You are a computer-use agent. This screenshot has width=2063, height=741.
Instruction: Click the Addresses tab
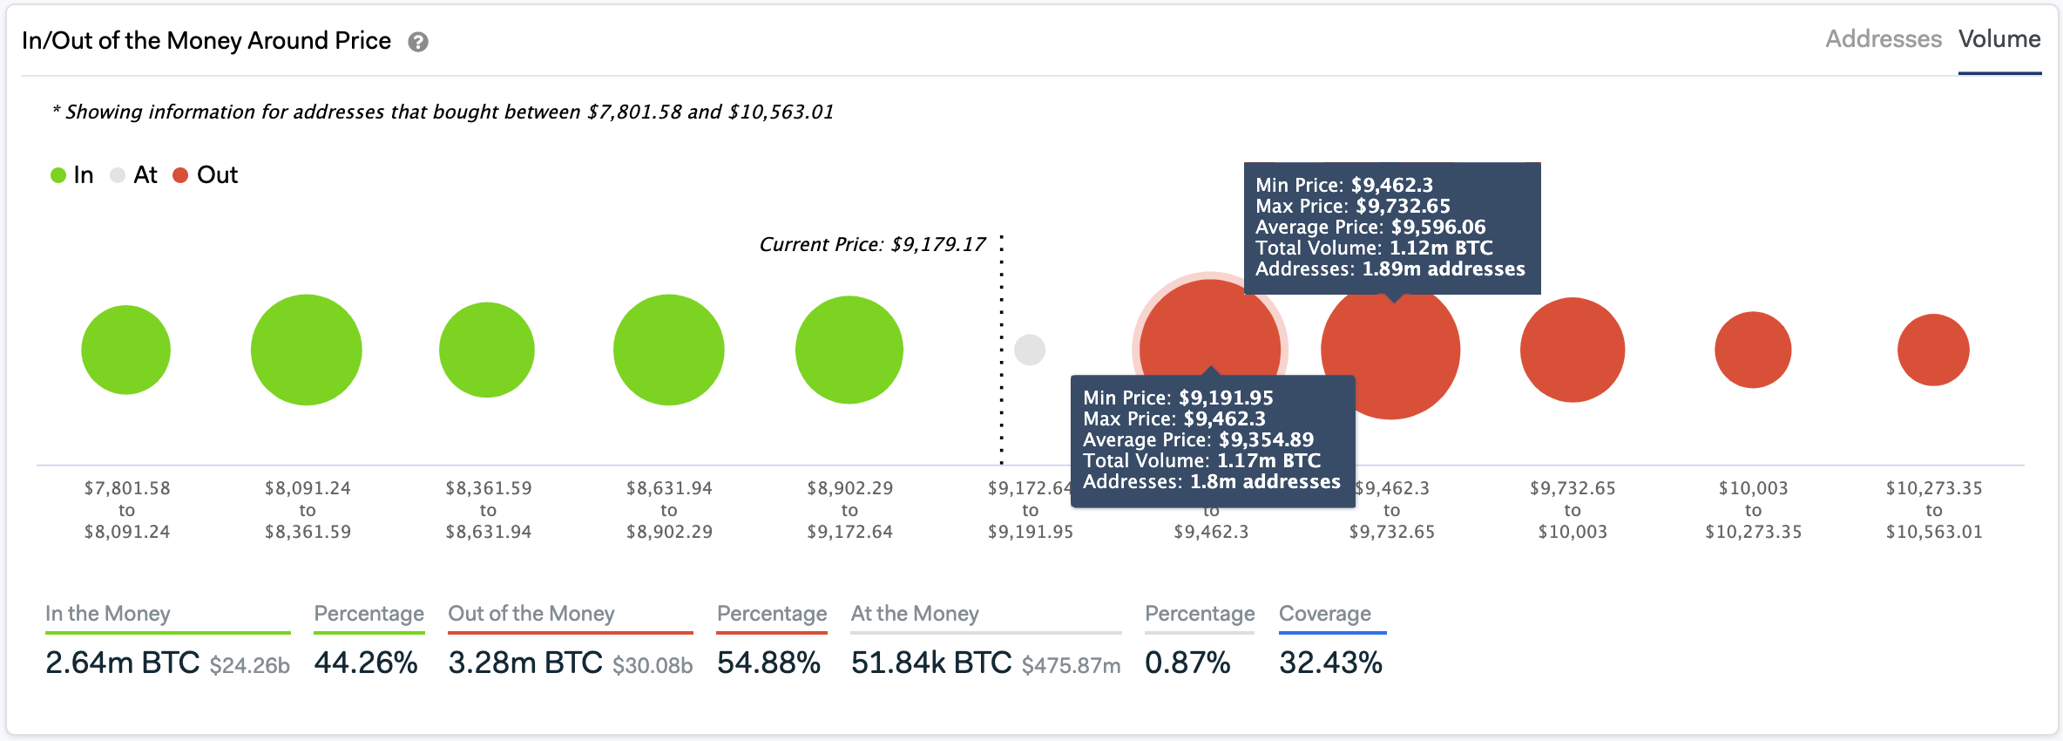1883,39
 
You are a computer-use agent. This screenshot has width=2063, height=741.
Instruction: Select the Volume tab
1999,39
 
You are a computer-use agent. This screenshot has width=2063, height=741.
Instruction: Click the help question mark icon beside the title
418,42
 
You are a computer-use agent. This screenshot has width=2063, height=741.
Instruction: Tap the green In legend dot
58,175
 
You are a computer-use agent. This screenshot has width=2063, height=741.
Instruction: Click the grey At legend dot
118,175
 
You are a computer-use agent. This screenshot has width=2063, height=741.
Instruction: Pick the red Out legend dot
180,175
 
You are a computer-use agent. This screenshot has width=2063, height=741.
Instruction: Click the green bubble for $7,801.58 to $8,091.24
126,350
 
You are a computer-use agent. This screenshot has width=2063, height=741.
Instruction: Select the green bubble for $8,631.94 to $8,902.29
668,350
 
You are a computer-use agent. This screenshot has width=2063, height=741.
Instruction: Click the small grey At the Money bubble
1030,350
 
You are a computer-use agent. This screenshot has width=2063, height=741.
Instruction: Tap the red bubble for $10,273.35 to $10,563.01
1933,350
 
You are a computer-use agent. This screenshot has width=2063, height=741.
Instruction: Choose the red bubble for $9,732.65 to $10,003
1573,350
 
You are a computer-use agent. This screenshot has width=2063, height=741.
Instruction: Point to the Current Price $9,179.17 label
872,245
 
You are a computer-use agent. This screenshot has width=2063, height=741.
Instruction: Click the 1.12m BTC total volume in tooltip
1440,248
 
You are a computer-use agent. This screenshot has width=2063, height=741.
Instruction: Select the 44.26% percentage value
366,663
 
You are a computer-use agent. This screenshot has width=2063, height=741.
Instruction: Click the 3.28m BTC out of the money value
525,663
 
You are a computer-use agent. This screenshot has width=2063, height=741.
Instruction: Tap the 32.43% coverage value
1330,663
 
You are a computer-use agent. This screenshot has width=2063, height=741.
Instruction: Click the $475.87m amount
1071,666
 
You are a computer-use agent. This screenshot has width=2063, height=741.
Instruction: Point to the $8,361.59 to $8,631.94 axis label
488,510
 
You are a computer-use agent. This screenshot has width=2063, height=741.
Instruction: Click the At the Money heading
915,614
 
